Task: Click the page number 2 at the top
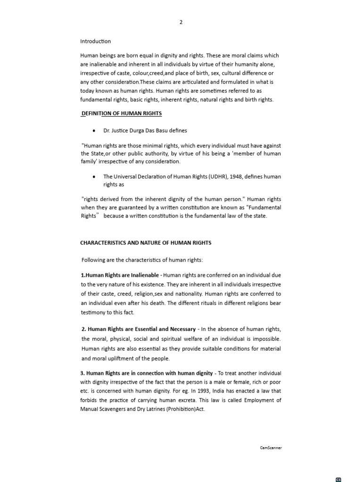(x=181, y=22)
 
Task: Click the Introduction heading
(x=96, y=41)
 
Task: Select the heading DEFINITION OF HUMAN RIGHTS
(x=123, y=113)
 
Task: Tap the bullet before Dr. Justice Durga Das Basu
(x=95, y=130)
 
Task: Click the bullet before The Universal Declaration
(x=95, y=177)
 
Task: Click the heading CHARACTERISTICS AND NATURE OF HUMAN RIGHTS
(x=146, y=243)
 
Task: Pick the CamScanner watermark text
(x=271, y=448)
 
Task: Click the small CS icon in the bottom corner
(x=338, y=479)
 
